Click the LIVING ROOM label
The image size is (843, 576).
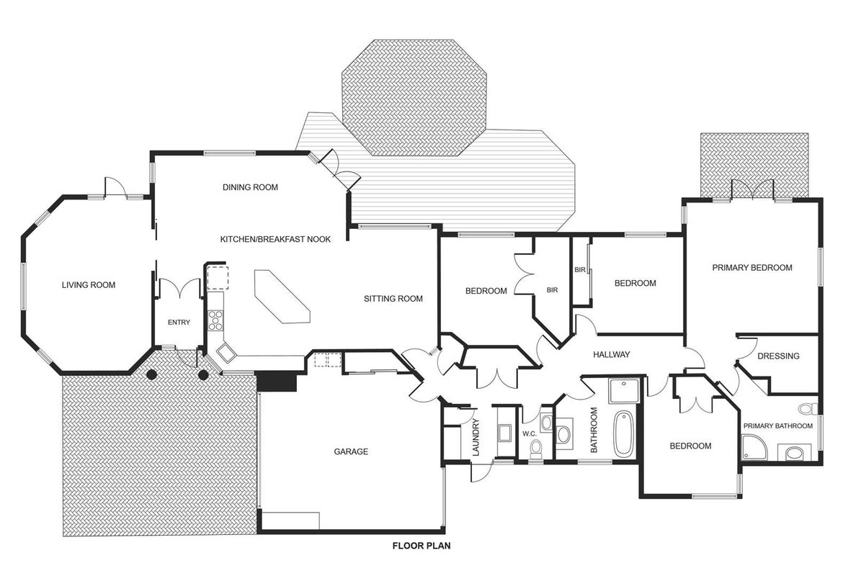click(x=89, y=285)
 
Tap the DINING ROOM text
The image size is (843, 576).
click(x=251, y=187)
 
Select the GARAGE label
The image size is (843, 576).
click(x=351, y=452)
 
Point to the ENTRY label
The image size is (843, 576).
click(x=179, y=323)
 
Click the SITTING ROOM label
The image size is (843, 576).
click(x=393, y=299)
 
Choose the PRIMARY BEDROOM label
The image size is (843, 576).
click(x=752, y=268)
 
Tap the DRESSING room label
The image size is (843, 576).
click(x=778, y=356)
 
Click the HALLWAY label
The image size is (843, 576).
click(x=611, y=355)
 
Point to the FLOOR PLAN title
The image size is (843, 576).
click(x=421, y=546)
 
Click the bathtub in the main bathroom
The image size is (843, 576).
click(x=624, y=434)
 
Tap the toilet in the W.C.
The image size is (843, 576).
click(x=536, y=448)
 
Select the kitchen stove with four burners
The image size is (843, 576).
click(x=215, y=320)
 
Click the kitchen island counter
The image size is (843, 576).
click(x=282, y=297)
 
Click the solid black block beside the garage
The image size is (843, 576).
click(x=277, y=381)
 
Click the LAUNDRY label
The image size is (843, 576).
click(x=476, y=437)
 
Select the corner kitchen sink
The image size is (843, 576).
click(x=226, y=353)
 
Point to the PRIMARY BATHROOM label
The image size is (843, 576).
click(x=778, y=426)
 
